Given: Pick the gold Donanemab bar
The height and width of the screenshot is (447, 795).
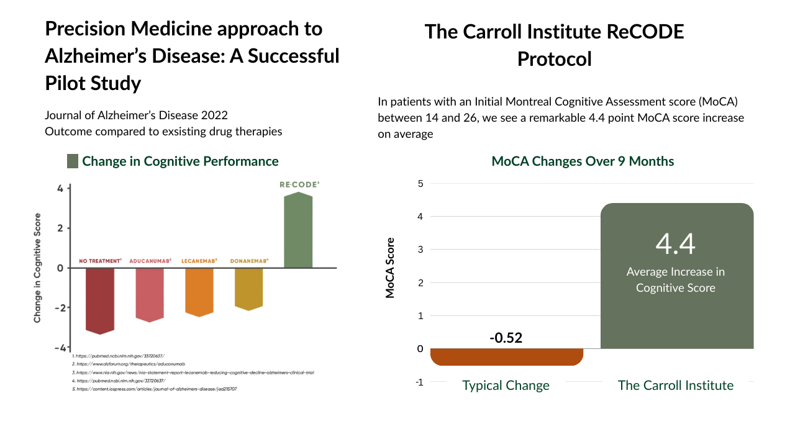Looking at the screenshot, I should pos(248,288).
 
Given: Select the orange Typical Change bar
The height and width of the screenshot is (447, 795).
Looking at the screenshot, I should pos(506,356).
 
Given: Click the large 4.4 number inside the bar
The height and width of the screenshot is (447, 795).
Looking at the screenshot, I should pos(676,243).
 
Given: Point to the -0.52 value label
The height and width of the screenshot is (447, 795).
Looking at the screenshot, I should pos(506,338).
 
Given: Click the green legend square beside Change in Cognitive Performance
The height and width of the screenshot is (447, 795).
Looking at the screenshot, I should pos(73,161).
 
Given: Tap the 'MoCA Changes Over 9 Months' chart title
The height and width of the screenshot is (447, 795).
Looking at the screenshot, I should pos(583,161).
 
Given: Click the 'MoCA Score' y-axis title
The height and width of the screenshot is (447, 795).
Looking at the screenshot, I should pos(390,268).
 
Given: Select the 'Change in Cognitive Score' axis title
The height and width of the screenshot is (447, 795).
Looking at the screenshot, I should pos(38,268).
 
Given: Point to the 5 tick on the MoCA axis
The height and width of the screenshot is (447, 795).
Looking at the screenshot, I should pos(420,184).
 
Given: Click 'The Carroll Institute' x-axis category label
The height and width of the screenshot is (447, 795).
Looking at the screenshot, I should pos(676,386).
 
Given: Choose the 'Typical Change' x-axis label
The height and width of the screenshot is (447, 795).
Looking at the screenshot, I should pos(506,386).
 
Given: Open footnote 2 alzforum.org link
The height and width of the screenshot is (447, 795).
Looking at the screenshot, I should pos(130,363).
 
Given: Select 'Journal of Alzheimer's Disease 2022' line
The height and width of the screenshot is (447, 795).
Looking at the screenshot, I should pos(136,115).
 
